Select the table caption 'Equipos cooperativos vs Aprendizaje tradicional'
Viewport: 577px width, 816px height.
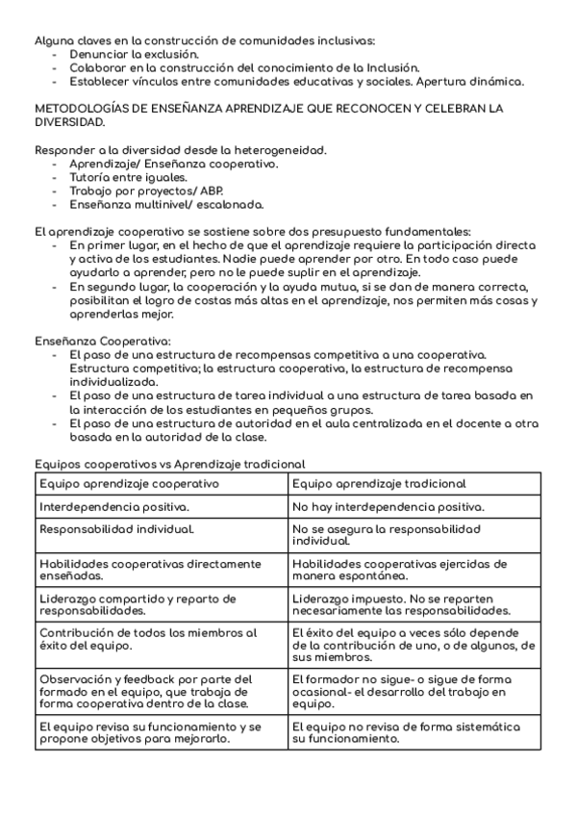pos(170,464)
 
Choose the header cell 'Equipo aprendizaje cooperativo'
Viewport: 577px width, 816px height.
pos(130,483)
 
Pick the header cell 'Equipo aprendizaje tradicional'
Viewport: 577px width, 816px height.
pos(379,483)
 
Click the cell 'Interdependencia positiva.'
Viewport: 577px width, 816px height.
pos(114,506)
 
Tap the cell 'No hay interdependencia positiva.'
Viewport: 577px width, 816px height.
pos(389,506)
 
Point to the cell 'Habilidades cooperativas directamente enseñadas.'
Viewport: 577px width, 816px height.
pos(150,569)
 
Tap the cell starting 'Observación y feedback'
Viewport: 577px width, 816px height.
pos(145,691)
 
